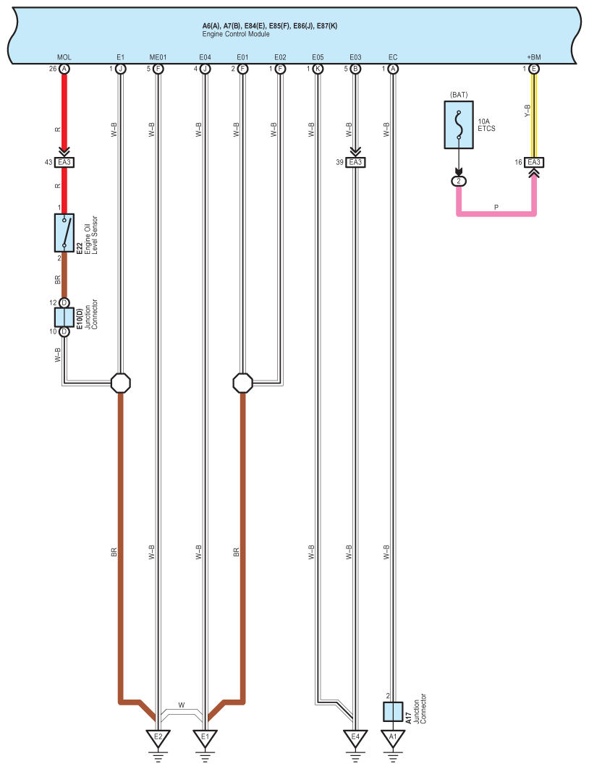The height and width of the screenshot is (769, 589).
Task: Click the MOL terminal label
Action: [x=64, y=56]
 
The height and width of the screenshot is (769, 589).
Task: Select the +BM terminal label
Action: [x=533, y=56]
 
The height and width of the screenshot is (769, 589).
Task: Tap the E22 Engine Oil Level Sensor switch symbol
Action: [x=64, y=232]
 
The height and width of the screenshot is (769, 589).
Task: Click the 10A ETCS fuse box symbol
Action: [x=458, y=124]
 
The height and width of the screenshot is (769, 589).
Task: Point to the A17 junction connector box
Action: [x=392, y=712]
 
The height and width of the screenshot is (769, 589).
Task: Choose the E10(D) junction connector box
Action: [x=64, y=317]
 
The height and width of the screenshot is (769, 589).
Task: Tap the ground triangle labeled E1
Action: [x=205, y=739]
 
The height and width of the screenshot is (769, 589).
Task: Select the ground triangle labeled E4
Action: [x=355, y=739]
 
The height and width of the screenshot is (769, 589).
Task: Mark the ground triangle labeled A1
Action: [x=392, y=739]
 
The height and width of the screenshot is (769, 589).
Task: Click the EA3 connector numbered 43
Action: [x=64, y=162]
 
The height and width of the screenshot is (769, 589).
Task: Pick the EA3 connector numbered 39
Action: [x=355, y=162]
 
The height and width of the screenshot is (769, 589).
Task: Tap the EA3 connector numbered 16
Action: [x=534, y=162]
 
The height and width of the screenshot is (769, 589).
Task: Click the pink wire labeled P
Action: [x=496, y=213]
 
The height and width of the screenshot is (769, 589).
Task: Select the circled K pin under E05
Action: [x=317, y=69]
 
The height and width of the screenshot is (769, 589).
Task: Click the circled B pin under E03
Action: [x=355, y=69]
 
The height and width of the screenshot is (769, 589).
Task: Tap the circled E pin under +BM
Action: [x=534, y=69]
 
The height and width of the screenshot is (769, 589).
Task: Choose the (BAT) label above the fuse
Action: [x=458, y=95]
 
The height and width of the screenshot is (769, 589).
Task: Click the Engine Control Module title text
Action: [x=236, y=34]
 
